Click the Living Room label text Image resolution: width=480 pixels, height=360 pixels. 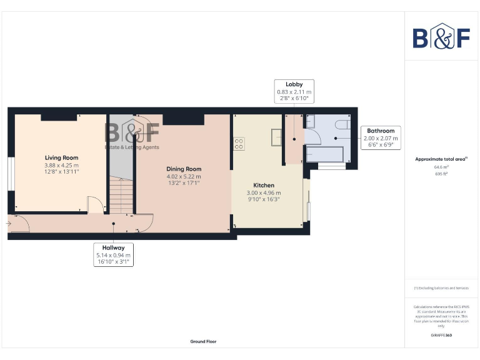pos(61,157)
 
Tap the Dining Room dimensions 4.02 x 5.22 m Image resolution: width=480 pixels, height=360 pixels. pos(184,176)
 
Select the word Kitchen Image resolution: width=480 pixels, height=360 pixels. pos(263,186)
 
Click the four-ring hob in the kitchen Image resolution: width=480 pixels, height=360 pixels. pos(238,144)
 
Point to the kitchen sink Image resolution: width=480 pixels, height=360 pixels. pos(276,136)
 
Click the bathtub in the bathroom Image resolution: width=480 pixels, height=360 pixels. pos(324,154)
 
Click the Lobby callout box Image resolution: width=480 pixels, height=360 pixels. pos(294,91)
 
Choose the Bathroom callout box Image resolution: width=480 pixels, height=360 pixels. pos(381,138)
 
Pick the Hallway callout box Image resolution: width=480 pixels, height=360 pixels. pos(113,255)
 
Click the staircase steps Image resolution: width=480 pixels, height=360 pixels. pos(122,194)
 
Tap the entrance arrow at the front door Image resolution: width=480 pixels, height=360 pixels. pos(9,221)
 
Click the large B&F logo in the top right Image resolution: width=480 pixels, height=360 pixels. pos(441,37)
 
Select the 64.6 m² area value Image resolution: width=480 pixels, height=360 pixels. pos(441,167)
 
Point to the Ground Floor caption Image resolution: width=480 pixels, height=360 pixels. pos(204,342)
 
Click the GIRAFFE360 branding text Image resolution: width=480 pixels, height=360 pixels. pos(441,336)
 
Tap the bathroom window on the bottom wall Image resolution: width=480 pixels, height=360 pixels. pos(331,167)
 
